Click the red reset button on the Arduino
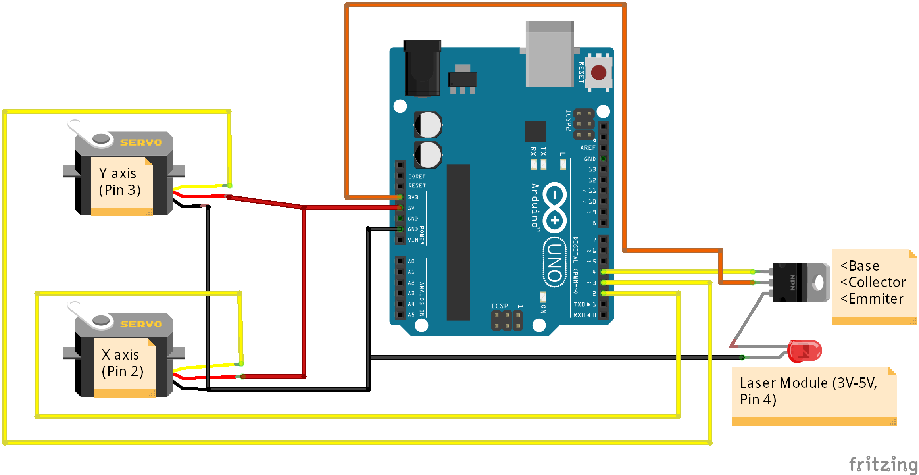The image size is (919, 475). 598,73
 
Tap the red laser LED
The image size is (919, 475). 804,351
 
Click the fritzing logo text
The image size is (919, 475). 882,464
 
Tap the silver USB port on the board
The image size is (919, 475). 550,54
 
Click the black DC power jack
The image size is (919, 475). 422,68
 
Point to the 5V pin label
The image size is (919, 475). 411,208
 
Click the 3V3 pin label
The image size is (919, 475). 413,197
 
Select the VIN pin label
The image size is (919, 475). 413,240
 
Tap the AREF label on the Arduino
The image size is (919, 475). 588,148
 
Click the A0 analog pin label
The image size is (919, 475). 411,261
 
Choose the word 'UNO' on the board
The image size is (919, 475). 555,262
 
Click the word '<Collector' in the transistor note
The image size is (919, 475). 873,282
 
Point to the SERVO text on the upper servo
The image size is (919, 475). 141,142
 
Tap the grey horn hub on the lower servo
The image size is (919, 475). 101,320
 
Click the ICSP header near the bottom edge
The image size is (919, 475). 507,321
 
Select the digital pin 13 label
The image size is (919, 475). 592,169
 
